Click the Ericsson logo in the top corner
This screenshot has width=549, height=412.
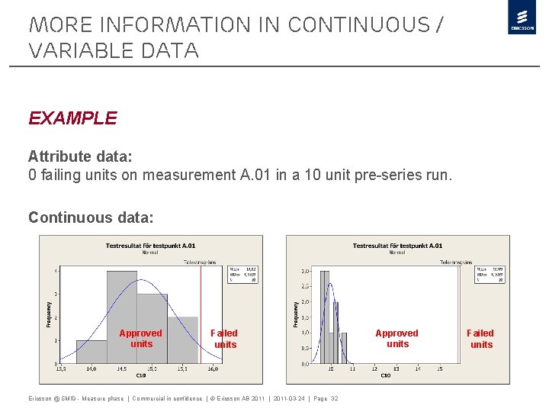pos(522,18)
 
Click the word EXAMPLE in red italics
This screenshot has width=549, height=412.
pos(72,118)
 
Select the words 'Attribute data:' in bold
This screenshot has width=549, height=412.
pos(80,156)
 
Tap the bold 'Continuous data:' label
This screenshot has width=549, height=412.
pos(91,217)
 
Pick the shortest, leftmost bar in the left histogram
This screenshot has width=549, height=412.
pos(91,351)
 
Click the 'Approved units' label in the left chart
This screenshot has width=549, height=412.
pos(141,339)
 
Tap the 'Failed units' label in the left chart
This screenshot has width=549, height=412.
pos(224,339)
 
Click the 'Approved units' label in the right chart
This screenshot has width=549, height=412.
pos(397,339)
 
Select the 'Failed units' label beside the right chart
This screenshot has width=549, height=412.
pos(480,339)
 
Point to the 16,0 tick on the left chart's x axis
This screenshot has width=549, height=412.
pos(213,369)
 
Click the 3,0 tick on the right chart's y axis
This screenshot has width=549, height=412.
pos(304,271)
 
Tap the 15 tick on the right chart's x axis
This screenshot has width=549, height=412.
pos(440,369)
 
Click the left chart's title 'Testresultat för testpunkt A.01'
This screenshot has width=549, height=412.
pos(150,246)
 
